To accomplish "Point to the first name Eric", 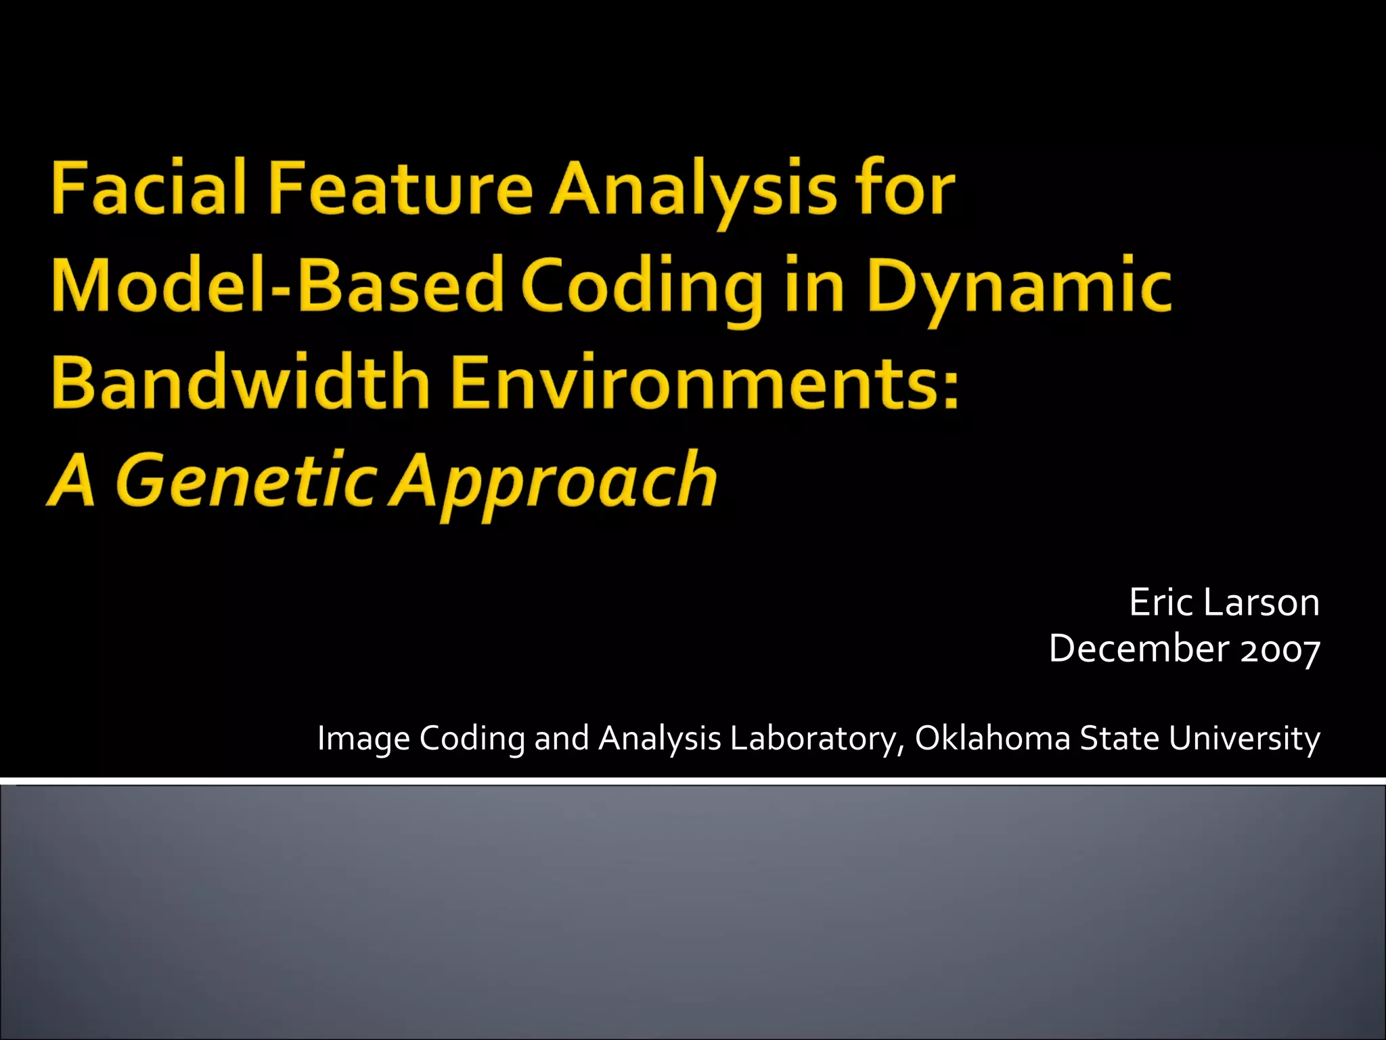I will point(1160,602).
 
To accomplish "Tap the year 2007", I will point(1280,649).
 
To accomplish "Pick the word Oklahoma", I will point(992,738).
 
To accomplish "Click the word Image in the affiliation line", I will point(363,738).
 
